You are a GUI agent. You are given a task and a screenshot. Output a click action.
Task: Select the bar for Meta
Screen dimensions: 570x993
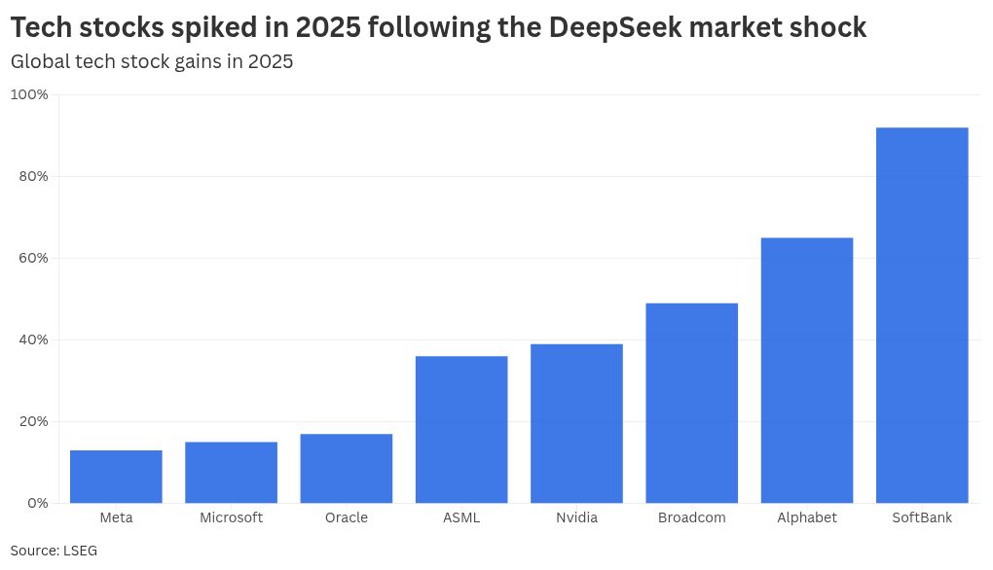coord(116,477)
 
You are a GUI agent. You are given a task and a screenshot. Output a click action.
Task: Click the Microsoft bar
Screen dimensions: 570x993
coord(231,473)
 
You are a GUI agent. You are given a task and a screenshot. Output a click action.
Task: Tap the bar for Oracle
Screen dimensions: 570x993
coord(346,469)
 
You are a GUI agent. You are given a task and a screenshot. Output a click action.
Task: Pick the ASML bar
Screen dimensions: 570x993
coord(460,430)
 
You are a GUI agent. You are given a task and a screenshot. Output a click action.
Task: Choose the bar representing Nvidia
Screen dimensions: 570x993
coord(576,424)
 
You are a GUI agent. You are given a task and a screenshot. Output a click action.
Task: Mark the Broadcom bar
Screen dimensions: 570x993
coord(691,404)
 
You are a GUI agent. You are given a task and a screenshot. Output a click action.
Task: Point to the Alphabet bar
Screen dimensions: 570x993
coord(806,371)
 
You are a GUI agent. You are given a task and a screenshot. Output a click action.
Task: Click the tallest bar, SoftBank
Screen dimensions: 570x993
coord(922,315)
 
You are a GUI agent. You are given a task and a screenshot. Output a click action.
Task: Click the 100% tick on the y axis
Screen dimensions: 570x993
coord(29,94)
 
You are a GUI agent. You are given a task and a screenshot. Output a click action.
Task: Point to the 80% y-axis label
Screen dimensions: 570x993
coord(32,176)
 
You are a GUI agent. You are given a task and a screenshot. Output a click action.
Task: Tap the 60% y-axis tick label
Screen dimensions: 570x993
coord(32,258)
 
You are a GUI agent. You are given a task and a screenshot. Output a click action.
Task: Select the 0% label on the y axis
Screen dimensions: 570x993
coord(36,503)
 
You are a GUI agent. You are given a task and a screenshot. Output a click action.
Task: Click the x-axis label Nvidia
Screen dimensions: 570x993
coord(576,517)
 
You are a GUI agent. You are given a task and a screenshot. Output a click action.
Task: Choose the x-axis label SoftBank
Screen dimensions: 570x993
coord(922,517)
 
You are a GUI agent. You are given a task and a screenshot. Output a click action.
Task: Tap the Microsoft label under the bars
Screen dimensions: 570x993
coord(231,517)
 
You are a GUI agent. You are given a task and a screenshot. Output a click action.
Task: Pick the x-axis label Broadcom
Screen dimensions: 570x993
coord(691,517)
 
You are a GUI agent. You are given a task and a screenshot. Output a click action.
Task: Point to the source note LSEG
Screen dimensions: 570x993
coord(82,551)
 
